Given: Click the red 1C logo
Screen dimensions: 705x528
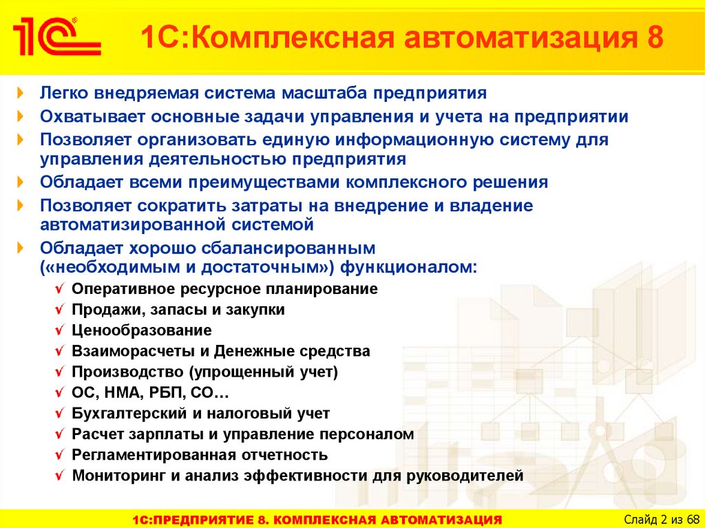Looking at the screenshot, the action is pos(56,36).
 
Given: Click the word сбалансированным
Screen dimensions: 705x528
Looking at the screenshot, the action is pos(288,249).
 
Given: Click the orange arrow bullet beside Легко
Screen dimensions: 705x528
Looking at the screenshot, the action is pos(20,93).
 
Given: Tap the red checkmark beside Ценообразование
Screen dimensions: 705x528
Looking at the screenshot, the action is pos(60,330).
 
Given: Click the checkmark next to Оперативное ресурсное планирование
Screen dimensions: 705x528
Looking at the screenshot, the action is pos(60,288).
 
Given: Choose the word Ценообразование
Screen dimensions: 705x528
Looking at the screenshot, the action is pos(142,330).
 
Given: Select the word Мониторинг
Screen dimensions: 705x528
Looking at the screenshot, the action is pos(119,476).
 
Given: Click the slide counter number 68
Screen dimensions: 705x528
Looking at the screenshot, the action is pos(693,520).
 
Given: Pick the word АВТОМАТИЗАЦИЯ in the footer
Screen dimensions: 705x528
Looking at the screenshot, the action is pos(441,520).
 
